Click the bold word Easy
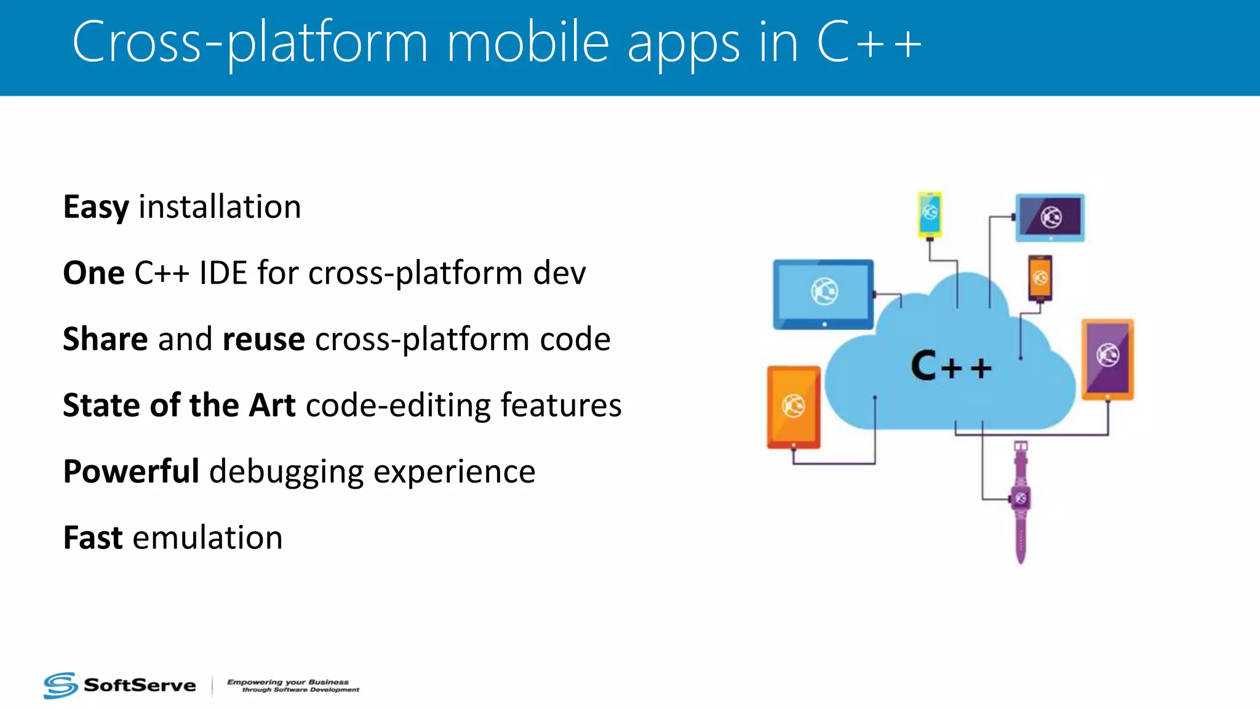pyautogui.click(x=96, y=207)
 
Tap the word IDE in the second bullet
pyautogui.click(x=223, y=273)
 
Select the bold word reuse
pyautogui.click(x=263, y=339)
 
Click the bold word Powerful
pyautogui.click(x=131, y=472)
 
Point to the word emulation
pyautogui.click(x=207, y=537)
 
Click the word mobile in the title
pyautogui.click(x=528, y=42)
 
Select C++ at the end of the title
pyautogui.click(x=869, y=42)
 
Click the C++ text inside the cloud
pyautogui.click(x=951, y=367)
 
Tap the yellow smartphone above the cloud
pyautogui.click(x=930, y=214)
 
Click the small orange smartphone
pyautogui.click(x=1040, y=278)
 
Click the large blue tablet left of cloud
pyautogui.click(x=823, y=294)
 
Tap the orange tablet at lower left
pyautogui.click(x=794, y=406)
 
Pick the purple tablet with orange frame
pyautogui.click(x=1107, y=359)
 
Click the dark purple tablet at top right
pyautogui.click(x=1050, y=217)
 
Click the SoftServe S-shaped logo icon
pyautogui.click(x=60, y=685)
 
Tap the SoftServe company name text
pyautogui.click(x=140, y=685)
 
